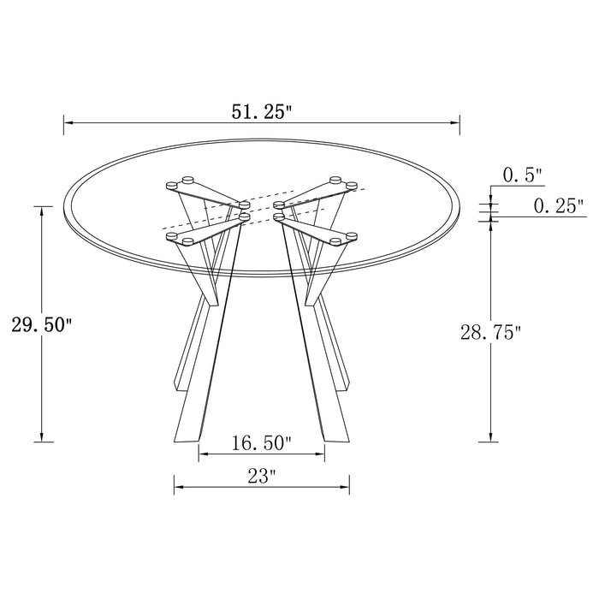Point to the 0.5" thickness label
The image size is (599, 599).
click(x=523, y=176)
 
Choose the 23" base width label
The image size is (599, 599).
click(x=262, y=477)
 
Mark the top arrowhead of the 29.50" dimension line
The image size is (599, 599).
click(x=41, y=209)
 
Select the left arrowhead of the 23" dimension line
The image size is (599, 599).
click(x=178, y=489)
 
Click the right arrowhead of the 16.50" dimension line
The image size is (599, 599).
click(x=323, y=454)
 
